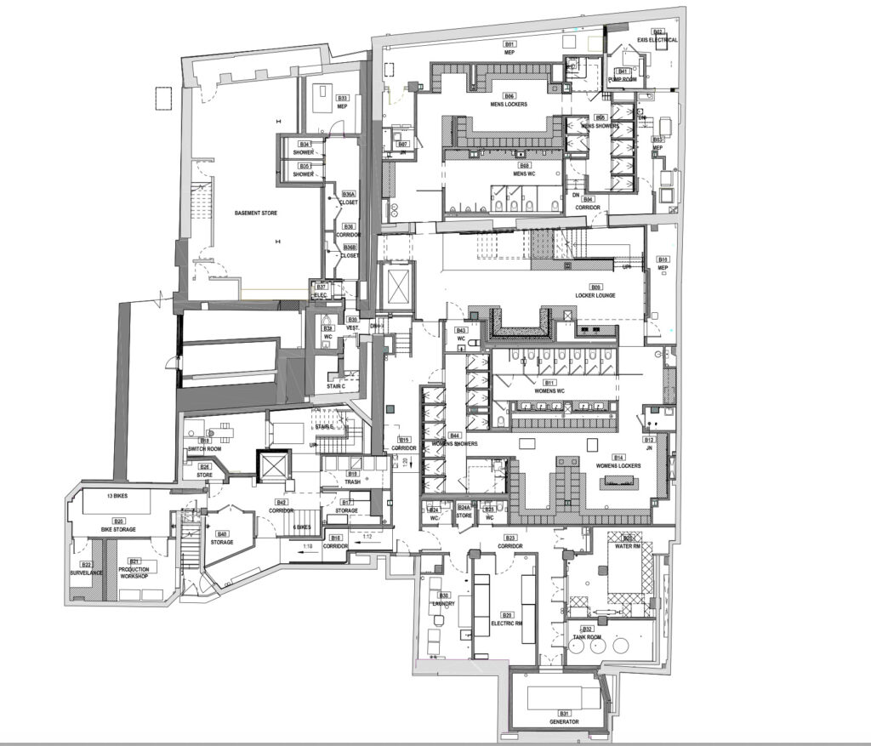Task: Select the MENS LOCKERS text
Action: [x=509, y=105]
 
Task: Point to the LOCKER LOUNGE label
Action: [x=596, y=295]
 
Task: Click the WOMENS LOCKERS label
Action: [x=618, y=466]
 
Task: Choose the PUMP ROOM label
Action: [x=623, y=79]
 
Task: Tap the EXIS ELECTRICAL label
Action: [x=658, y=40]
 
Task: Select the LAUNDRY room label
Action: [x=444, y=604]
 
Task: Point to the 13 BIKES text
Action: [x=117, y=494]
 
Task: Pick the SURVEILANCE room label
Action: [x=86, y=572]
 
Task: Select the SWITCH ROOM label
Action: [x=205, y=449]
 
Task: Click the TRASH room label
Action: [x=352, y=482]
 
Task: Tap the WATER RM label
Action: [x=629, y=547]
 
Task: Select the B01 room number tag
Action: [x=510, y=43]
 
